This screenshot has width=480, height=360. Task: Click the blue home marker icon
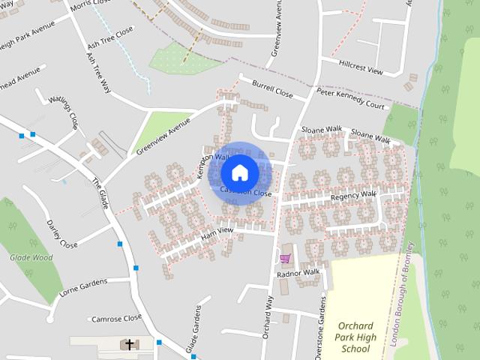(240, 173)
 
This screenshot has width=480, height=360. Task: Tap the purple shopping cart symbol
(285, 259)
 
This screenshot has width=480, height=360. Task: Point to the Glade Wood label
(31, 257)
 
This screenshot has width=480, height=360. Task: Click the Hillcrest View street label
(361, 67)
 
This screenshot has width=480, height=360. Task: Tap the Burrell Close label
(271, 88)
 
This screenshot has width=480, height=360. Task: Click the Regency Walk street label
(353, 196)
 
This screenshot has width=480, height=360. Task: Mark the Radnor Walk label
(298, 273)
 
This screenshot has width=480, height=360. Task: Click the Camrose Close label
(116, 319)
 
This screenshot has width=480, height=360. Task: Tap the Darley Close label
(62, 235)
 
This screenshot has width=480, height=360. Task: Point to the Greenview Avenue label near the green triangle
(164, 135)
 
